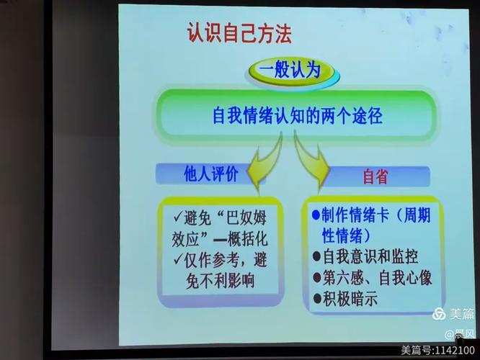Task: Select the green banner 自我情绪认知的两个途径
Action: pos(297,115)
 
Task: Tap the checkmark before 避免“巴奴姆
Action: pos(178,217)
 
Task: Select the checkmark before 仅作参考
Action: pos(178,258)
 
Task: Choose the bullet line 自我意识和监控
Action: pos(370,256)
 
